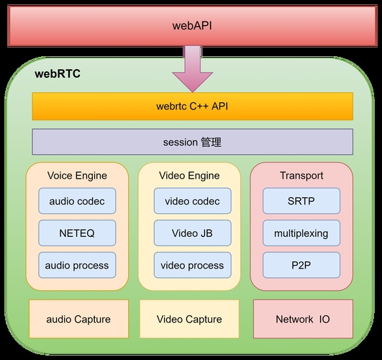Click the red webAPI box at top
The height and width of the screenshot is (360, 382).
191,25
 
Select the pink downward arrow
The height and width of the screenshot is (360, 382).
192,70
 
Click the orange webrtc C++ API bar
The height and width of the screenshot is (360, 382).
192,107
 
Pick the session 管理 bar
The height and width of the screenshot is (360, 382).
192,142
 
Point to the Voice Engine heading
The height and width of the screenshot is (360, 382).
77,176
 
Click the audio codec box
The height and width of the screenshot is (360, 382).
77,202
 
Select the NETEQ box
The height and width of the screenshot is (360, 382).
77,233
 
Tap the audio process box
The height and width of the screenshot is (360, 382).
77,265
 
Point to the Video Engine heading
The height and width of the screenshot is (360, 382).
188,176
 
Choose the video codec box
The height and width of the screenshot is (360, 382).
192,202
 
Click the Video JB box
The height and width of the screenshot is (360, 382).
192,233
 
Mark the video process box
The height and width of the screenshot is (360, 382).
192,265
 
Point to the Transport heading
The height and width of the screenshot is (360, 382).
301,176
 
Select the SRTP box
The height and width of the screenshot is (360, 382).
301,202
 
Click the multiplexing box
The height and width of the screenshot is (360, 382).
301,233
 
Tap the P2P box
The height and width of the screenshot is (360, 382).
301,265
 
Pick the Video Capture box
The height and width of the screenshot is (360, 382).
189,319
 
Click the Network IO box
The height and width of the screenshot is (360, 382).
303,319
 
